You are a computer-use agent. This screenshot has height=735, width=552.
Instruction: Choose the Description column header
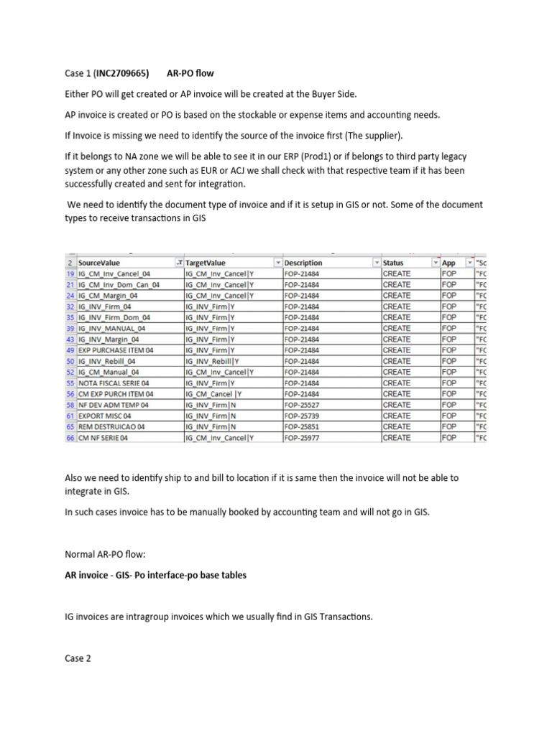303,263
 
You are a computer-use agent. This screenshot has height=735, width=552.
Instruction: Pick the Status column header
393,263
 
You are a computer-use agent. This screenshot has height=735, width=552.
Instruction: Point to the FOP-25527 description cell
303,405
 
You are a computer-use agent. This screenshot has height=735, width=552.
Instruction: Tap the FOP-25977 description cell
303,438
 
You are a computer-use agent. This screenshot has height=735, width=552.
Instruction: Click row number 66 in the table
70,438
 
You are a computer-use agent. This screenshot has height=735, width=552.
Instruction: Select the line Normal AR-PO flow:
102,555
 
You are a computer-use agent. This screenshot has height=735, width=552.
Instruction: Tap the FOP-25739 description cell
303,416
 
